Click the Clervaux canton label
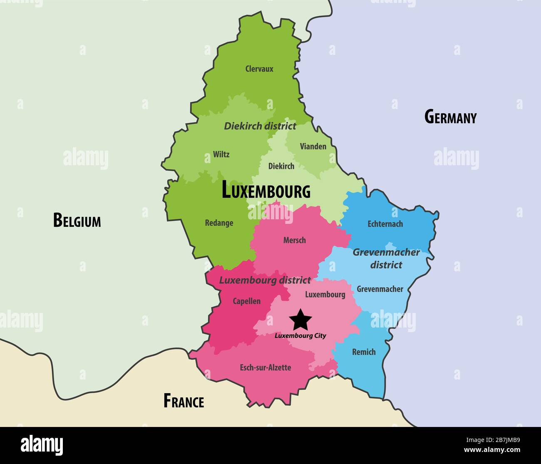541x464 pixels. (259, 69)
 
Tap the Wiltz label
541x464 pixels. (221, 154)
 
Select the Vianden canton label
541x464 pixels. (313, 146)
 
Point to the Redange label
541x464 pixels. (219, 223)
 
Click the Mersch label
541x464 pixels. (294, 240)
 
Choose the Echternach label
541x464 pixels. (385, 224)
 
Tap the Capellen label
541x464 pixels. (246, 301)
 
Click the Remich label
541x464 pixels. (364, 352)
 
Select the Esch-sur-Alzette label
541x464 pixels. (265, 367)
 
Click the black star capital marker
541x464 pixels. (300, 320)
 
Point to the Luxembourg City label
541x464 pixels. (300, 336)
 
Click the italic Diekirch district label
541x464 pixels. (260, 126)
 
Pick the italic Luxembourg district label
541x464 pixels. (265, 280)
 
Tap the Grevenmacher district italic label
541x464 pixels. (386, 258)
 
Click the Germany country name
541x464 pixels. (450, 117)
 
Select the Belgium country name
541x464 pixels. (77, 220)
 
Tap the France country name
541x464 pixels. (184, 401)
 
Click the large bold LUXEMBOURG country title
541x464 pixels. (266, 191)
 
